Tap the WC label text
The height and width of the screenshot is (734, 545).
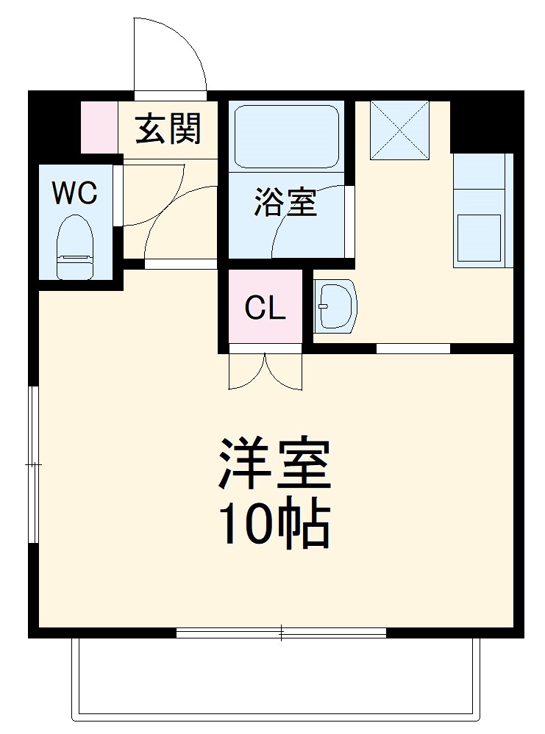coord(74,193)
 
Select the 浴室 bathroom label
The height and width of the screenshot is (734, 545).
coord(285,203)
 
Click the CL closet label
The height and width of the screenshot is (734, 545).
coord(265,309)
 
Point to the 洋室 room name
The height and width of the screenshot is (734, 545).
coord(274,464)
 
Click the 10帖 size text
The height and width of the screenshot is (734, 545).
coord(274,525)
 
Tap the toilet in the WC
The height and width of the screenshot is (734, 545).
coord(75,246)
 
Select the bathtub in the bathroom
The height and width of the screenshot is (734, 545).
coord(286,137)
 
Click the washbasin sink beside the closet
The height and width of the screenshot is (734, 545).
coord(334,306)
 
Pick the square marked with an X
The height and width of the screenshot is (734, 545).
coord(399,129)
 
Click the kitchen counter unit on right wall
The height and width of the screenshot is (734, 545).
coord(482,210)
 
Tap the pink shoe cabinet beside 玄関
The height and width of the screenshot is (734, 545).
coord(99,127)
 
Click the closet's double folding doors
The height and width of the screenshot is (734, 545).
coord(266,371)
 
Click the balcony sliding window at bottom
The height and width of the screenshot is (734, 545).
coord(281,632)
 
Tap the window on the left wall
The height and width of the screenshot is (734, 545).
coord(32,464)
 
